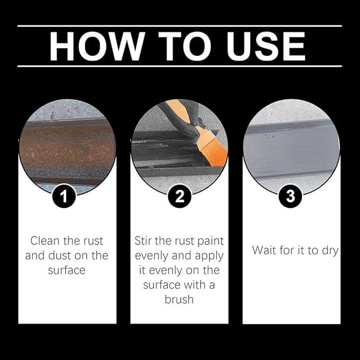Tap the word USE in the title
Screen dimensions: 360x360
click(266, 46)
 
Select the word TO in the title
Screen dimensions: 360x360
click(185, 46)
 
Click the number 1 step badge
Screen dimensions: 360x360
click(64, 196)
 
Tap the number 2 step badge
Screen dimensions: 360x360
click(180, 196)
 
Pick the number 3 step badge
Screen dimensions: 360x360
click(291, 196)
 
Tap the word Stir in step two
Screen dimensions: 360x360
click(143, 241)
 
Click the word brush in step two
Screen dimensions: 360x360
click(179, 300)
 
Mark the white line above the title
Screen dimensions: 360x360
click(180, 26)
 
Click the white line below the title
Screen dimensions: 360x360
click(180, 66)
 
